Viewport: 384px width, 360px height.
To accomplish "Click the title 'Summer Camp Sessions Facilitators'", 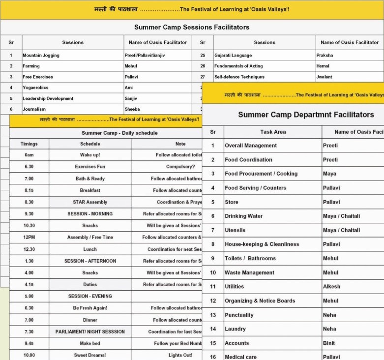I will coord(192,27).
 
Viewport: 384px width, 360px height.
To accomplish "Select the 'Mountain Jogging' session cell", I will coord(41,56).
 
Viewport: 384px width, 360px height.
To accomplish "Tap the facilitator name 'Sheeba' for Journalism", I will coord(132,109).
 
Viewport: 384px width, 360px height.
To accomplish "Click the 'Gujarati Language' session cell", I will coord(233,56).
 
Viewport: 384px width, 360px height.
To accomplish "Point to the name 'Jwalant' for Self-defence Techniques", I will coord(325,77).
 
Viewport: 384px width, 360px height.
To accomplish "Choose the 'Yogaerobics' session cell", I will coord(35,88).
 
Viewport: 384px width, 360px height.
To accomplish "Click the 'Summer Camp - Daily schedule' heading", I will coord(119,133).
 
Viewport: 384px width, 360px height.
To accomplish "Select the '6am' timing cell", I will coord(29,155).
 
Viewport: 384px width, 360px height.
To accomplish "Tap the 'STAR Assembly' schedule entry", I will coord(90,202).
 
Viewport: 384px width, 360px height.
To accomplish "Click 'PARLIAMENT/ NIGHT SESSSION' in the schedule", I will coord(90,331).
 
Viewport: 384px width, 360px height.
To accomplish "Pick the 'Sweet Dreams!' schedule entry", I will coord(90,355).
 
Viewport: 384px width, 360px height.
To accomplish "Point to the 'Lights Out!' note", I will coord(180,355).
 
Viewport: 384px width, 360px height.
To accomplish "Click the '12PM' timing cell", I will coord(29,238).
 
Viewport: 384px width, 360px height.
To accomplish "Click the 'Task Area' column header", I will coord(273,132).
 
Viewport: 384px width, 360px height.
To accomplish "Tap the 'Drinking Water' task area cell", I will coord(244,216).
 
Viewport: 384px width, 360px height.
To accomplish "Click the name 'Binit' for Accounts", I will coord(329,343).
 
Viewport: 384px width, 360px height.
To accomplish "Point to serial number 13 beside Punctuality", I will coord(213,315).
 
